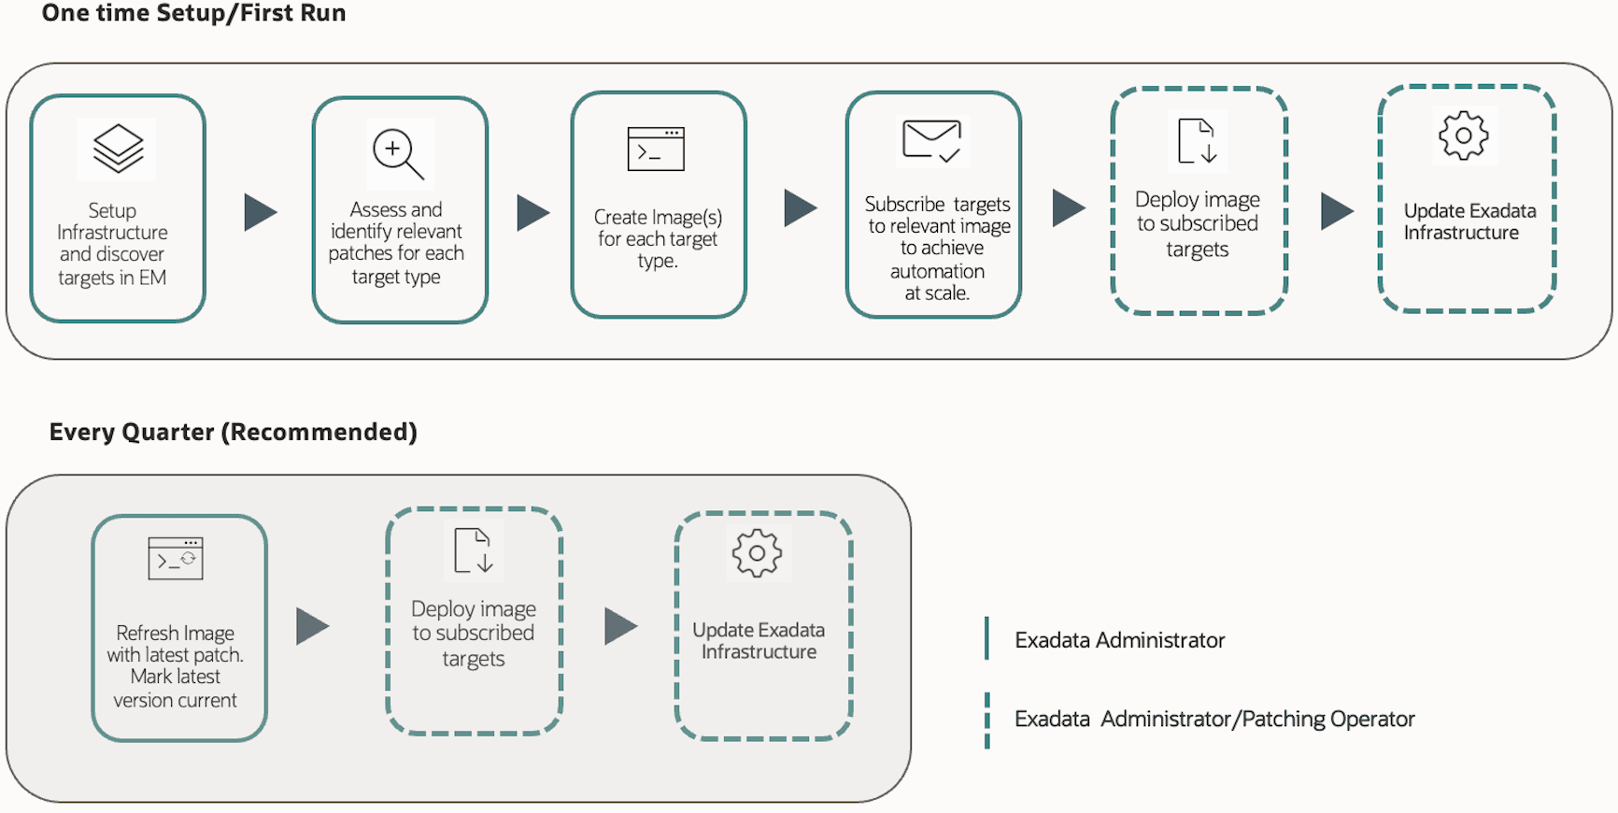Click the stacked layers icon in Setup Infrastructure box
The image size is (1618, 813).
(118, 149)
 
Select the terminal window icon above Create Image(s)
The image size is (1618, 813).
(656, 150)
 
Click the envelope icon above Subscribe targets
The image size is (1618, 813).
(932, 141)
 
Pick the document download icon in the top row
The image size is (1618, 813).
(1198, 141)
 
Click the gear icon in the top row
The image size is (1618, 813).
(1463, 135)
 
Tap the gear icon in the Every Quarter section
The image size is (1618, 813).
(757, 553)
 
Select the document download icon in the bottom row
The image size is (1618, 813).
(473, 550)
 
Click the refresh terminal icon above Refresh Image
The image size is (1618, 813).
(176, 559)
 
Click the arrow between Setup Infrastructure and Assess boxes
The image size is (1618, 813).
(260, 212)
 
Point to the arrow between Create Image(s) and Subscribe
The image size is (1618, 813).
(800, 207)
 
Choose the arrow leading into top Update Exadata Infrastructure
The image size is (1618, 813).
(1336, 211)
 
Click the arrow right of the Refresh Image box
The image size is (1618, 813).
(312, 626)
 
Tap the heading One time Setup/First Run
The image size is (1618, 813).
(193, 13)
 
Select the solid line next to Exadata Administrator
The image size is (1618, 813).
(986, 638)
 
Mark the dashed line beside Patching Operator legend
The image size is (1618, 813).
(986, 720)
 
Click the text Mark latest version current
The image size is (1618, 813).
(175, 689)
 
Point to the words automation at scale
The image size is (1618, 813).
(937, 282)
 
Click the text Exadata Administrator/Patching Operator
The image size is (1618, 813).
(1214, 719)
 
